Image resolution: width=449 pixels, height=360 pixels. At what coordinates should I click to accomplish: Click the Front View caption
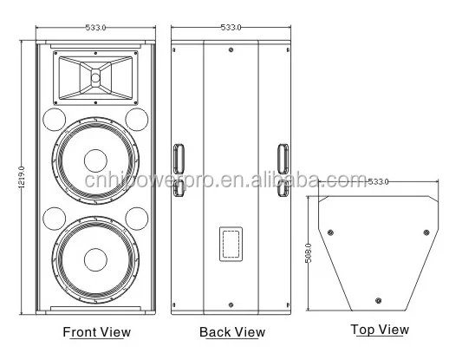97,332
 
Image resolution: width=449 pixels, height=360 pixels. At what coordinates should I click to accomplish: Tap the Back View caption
232,332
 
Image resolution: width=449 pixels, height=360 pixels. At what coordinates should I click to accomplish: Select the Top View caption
380,330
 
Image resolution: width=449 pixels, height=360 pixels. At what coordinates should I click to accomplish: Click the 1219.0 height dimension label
22,177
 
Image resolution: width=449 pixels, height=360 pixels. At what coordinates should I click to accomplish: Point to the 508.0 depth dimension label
309,253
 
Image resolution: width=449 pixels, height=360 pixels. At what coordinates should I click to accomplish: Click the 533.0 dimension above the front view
95,28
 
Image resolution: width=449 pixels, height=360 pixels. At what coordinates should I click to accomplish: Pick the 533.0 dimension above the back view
231,28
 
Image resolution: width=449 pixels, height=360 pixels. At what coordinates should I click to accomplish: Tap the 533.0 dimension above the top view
378,182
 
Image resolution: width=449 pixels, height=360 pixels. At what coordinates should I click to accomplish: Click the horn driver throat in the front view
95,77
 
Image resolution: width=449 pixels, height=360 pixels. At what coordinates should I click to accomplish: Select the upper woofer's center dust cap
95,160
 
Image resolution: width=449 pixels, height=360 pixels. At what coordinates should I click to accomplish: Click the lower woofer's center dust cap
95,259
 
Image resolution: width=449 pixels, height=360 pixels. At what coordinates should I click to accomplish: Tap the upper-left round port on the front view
55,120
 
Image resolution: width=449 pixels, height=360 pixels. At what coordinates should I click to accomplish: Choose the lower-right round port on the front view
137,219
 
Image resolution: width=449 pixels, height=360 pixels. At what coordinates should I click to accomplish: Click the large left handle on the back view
179,159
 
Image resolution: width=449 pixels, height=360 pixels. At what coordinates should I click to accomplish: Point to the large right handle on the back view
283,159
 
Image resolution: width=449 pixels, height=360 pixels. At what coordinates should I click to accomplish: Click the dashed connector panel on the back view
231,245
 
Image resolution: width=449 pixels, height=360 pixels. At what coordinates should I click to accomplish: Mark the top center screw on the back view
231,49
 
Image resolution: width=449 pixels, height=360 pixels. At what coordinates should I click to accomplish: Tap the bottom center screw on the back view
231,304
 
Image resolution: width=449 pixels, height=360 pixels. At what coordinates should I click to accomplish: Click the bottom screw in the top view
379,301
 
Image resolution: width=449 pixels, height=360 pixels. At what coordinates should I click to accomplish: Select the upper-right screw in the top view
426,232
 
